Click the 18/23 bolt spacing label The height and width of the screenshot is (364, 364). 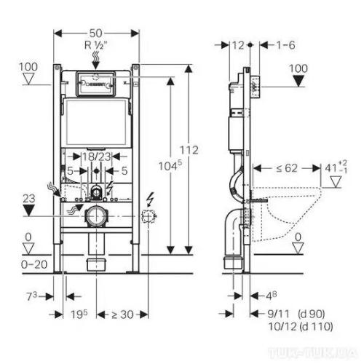click(x=95, y=156)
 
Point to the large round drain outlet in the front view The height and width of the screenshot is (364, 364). click(x=95, y=216)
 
